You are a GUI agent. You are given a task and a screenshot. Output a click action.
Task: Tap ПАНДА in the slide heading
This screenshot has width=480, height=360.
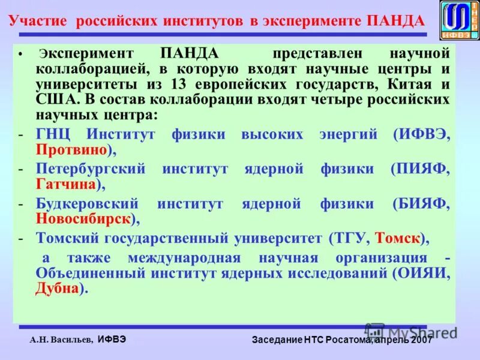click(x=394, y=21)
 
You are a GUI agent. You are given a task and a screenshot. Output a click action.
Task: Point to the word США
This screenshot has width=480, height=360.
click(x=53, y=99)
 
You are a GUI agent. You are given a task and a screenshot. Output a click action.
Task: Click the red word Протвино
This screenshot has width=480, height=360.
click(x=71, y=149)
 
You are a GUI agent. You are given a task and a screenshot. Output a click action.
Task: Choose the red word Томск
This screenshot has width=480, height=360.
click(x=397, y=238)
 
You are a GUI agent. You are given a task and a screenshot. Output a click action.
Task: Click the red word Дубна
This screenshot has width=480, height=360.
click(x=57, y=289)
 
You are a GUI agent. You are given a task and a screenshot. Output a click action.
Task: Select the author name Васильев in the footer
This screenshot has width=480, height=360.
click(x=71, y=340)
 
